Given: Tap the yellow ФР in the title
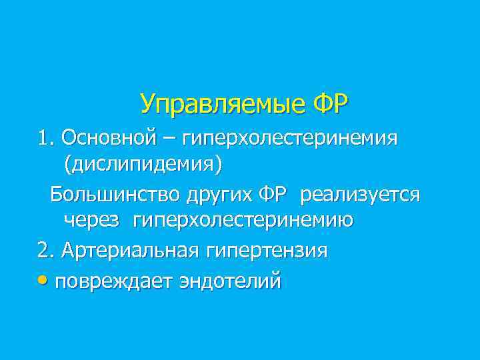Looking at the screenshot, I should tap(331, 104).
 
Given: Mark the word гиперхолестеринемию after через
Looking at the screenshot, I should tap(243, 219).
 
